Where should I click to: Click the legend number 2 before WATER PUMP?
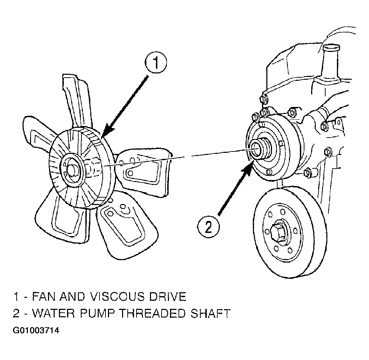tap(16, 313)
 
